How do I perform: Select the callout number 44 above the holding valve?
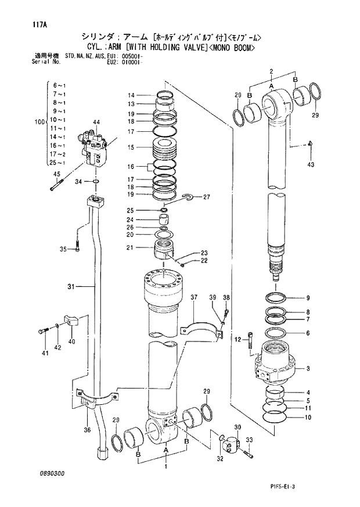pyautogui.click(x=96, y=122)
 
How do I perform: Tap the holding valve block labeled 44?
pyautogui.click(x=96, y=148)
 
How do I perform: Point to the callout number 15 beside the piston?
pyautogui.click(x=131, y=148)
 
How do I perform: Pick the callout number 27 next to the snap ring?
pyautogui.click(x=206, y=197)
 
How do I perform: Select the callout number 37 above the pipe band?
pyautogui.click(x=193, y=298)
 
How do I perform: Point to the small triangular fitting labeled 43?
pyautogui.click(x=311, y=143)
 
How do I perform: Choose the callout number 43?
pyautogui.click(x=311, y=166)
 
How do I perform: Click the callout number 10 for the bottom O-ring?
pyautogui.click(x=308, y=417)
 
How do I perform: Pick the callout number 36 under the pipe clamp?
pyautogui.click(x=87, y=430)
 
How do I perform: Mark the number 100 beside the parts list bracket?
pyautogui.click(x=39, y=123)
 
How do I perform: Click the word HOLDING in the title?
pyautogui.click(x=152, y=49)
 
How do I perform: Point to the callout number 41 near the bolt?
pyautogui.click(x=44, y=353)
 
